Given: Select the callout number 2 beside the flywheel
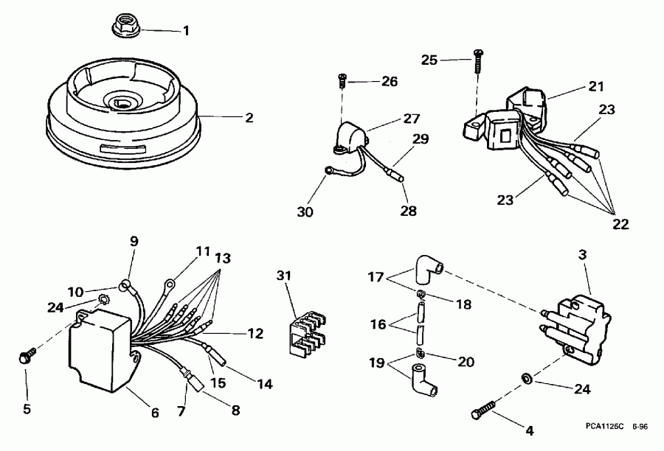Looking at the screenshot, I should click(x=249, y=117).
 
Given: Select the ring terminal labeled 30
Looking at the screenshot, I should click(x=328, y=173).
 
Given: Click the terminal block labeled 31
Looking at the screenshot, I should click(x=302, y=331).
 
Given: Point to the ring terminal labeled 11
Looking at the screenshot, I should click(x=170, y=281).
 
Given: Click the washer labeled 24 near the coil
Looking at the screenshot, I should click(x=525, y=379).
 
